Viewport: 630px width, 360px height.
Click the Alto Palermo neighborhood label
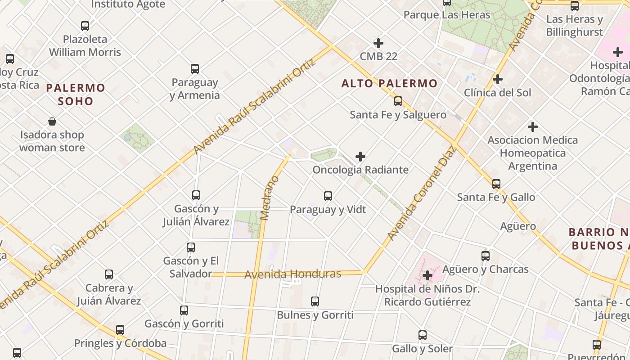click(x=389, y=83)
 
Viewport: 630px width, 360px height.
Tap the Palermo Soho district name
click(x=76, y=94)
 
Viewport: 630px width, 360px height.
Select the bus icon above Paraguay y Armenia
click(x=195, y=69)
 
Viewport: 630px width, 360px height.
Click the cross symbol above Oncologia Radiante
click(x=360, y=157)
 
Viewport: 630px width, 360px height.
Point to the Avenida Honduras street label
click(x=292, y=274)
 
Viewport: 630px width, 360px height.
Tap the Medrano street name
click(x=270, y=198)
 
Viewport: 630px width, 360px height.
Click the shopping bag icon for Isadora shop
click(x=52, y=121)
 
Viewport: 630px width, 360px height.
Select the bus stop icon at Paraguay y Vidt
click(x=328, y=196)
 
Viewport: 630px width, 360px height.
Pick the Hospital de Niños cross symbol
click(x=427, y=275)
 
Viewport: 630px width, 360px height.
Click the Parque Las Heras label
click(x=447, y=15)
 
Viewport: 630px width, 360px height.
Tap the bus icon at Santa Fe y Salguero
click(x=398, y=101)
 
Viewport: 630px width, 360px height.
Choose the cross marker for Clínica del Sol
click(x=498, y=79)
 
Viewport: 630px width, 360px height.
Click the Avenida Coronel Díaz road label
click(x=422, y=193)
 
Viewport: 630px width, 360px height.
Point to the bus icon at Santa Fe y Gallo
click(x=496, y=184)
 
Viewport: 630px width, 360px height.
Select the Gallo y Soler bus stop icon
click(x=422, y=335)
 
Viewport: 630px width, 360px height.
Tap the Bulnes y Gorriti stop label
click(x=315, y=315)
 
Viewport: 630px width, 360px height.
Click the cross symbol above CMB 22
click(x=378, y=43)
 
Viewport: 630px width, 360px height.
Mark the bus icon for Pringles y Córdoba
click(x=120, y=330)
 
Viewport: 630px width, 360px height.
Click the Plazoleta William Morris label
click(x=85, y=45)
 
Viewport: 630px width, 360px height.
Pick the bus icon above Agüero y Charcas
click(x=486, y=256)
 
